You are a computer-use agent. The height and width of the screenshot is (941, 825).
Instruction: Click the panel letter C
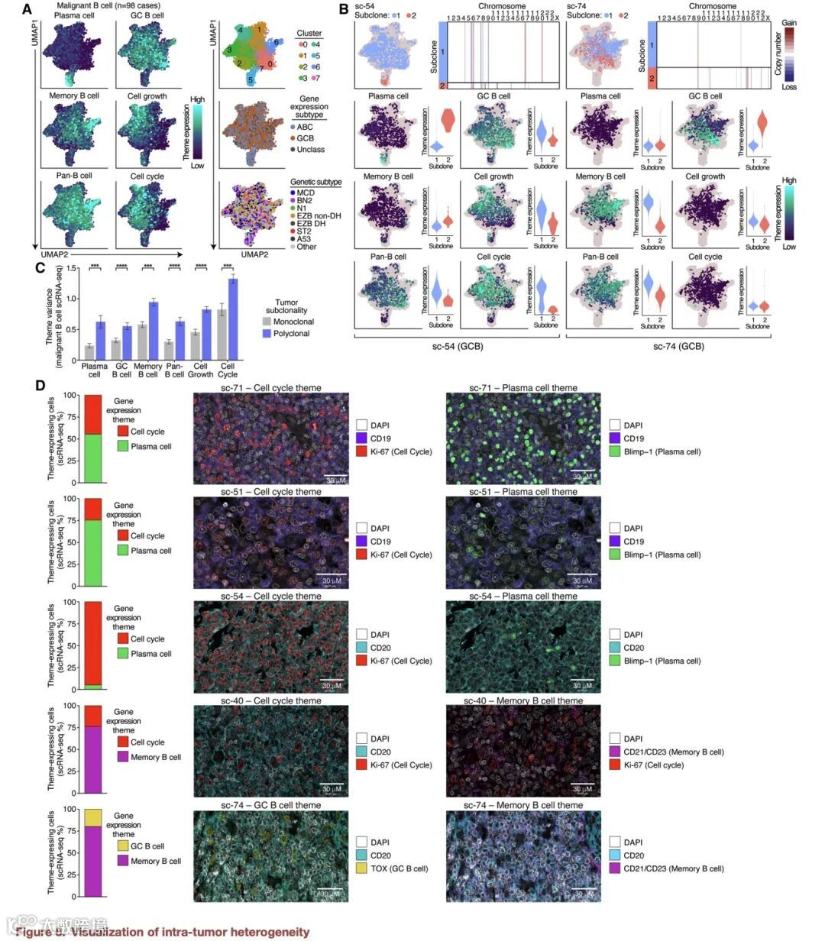pyautogui.click(x=40, y=269)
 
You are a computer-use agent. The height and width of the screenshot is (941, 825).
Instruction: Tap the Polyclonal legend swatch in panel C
pyautogui.click(x=267, y=333)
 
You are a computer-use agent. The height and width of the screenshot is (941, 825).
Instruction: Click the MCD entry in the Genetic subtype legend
pyautogui.click(x=305, y=193)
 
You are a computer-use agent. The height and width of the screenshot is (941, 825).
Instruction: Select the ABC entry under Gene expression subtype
pyautogui.click(x=309, y=127)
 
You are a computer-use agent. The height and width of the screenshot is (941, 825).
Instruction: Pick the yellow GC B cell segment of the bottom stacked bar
pyautogui.click(x=92, y=817)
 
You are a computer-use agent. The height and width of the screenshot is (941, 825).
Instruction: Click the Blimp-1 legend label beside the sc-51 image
pyautogui.click(x=662, y=555)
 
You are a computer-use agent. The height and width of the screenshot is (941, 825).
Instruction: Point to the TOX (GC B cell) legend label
pyautogui.click(x=400, y=868)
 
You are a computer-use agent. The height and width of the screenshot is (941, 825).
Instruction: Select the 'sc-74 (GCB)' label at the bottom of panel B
pyautogui.click(x=678, y=346)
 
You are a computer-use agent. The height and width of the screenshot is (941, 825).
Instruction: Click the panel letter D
pyautogui.click(x=40, y=384)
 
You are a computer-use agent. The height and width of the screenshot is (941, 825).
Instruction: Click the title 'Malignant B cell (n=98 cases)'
pyautogui.click(x=108, y=6)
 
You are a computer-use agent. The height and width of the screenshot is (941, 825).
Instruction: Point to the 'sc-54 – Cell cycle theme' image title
pyautogui.click(x=271, y=597)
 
